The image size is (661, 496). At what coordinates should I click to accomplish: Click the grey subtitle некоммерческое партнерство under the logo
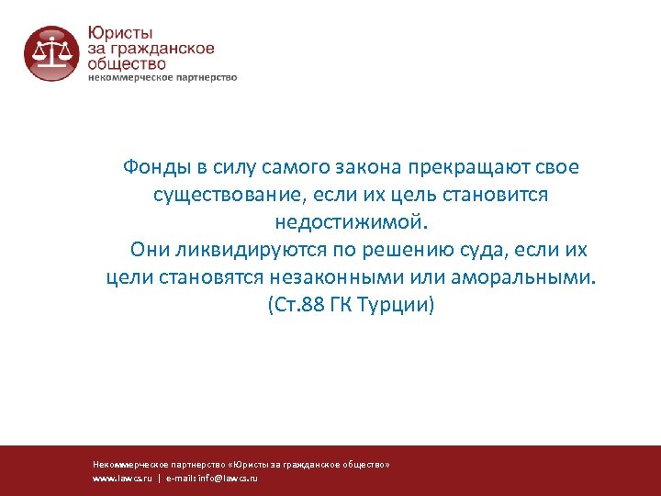tap(162, 78)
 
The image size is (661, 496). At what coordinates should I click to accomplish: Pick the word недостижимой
tap(351, 223)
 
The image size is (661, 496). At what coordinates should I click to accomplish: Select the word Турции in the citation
tap(398, 305)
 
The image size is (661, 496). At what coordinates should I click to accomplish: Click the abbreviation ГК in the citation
tap(349, 305)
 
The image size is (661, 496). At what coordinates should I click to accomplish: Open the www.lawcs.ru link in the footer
tap(122, 479)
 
